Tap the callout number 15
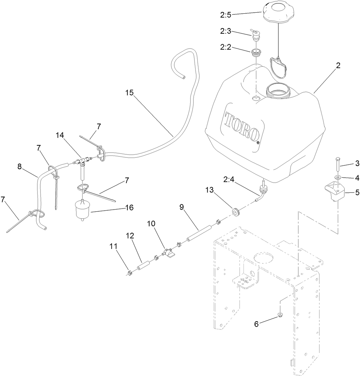[129, 93]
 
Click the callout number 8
[20, 166]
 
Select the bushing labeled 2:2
[256, 52]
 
